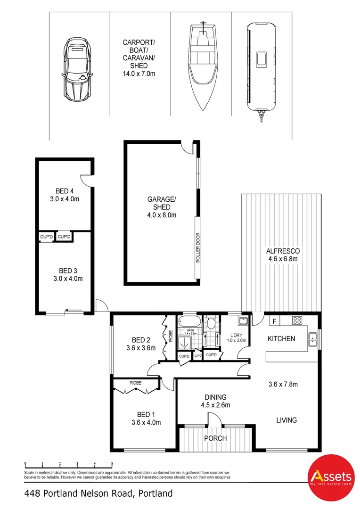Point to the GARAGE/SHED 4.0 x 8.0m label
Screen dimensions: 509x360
click(x=162, y=207)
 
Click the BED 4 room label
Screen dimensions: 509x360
click(x=65, y=195)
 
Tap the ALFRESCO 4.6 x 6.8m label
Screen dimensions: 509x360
click(x=283, y=255)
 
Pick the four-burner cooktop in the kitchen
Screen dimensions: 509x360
click(x=298, y=320)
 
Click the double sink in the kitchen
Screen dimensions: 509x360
click(x=312, y=337)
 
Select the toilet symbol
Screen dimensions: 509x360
click(x=211, y=323)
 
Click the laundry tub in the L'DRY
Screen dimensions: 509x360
click(x=242, y=321)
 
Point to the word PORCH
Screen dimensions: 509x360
click(x=215, y=438)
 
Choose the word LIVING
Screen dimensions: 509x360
click(x=286, y=420)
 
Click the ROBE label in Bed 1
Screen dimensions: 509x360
click(x=136, y=383)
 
